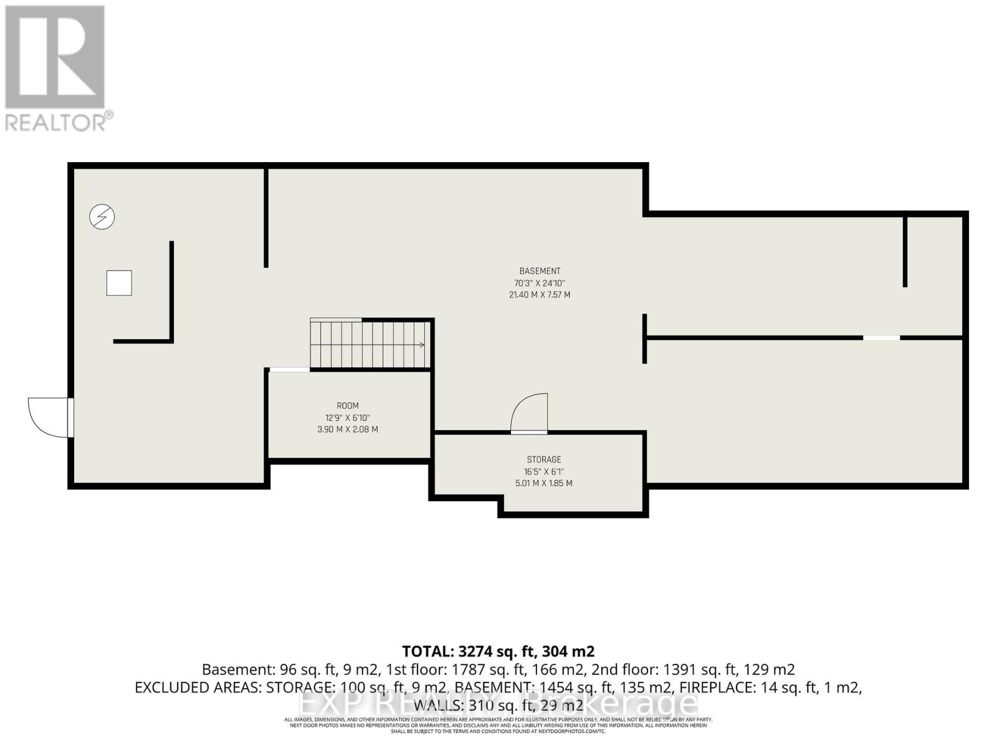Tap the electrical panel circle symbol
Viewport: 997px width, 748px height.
tap(102, 217)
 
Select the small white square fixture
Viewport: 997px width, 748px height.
tap(119, 283)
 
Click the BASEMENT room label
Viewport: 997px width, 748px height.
tap(540, 271)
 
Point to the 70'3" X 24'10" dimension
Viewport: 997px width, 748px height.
tap(540, 283)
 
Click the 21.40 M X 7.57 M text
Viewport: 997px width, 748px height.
tap(540, 295)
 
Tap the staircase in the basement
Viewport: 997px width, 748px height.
tap(371, 344)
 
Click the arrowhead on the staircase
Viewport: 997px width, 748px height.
tap(422, 345)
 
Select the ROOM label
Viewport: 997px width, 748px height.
tap(347, 406)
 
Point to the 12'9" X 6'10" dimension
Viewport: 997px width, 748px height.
tap(347, 418)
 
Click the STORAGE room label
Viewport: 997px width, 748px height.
tap(543, 460)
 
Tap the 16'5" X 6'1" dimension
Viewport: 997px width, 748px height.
tap(543, 472)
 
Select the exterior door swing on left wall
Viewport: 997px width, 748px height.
tap(49, 416)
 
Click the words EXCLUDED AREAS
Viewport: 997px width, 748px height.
tap(198, 688)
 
